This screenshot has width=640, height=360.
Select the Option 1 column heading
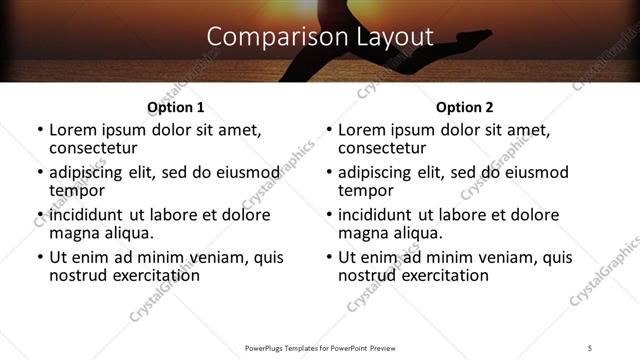click(x=176, y=107)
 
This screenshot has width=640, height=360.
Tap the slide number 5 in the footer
click(x=590, y=347)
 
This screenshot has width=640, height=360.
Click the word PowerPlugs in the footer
click(x=267, y=347)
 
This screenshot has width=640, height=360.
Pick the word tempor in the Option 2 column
click(x=365, y=190)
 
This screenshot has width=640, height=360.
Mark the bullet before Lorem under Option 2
click(x=329, y=131)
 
